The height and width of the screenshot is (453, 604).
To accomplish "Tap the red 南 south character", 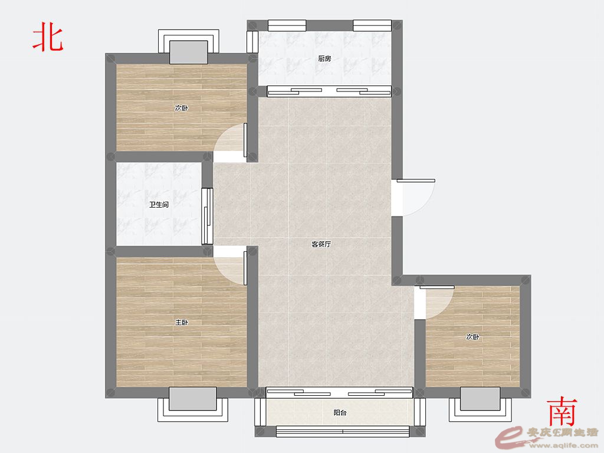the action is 562,411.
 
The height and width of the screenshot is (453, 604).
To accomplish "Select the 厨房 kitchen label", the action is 324,58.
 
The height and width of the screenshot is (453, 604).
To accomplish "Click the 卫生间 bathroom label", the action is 159,205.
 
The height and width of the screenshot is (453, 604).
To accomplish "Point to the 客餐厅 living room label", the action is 321,244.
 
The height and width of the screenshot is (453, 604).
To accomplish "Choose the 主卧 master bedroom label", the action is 182,322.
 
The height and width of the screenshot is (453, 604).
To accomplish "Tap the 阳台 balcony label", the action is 340,412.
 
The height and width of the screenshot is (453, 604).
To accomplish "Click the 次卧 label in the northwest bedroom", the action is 181,108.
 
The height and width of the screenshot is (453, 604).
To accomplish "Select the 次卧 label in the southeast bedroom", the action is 472,337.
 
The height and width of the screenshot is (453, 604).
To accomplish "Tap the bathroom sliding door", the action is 207,216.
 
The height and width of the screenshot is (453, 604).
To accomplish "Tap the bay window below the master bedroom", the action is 193,405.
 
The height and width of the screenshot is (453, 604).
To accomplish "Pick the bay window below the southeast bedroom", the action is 480,404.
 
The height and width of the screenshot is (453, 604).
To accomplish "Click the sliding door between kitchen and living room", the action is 329,91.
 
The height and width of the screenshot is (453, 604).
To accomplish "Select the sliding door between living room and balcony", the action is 339,392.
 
